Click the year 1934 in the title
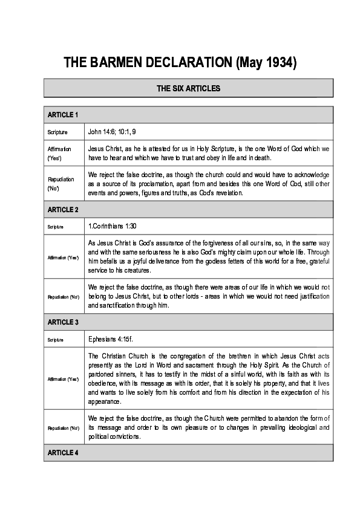[x=266, y=62]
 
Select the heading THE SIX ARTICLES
[x=188, y=88]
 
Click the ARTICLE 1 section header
[x=62, y=114]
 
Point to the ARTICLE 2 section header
[x=63, y=209]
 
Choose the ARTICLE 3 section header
[x=63, y=322]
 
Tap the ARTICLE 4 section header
[x=63, y=452]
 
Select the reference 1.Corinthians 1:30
[x=113, y=226]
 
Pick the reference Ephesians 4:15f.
[x=108, y=339]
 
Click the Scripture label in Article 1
[x=57, y=132]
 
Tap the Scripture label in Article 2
[x=54, y=227]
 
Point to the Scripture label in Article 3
[x=54, y=340]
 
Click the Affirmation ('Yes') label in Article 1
[x=59, y=152]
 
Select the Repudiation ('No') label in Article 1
[x=61, y=184]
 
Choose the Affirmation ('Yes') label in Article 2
[x=63, y=258]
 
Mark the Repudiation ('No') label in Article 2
[x=63, y=296]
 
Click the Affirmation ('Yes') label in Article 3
[x=63, y=379]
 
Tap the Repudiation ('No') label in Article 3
[x=63, y=428]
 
